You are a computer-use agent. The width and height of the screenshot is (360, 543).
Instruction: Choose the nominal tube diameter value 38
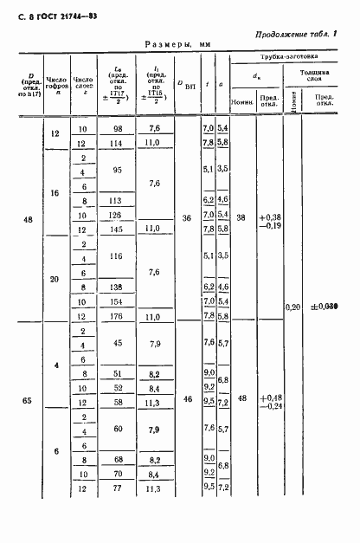point(241,219)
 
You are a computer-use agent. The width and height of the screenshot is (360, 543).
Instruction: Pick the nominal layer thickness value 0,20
point(294,307)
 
